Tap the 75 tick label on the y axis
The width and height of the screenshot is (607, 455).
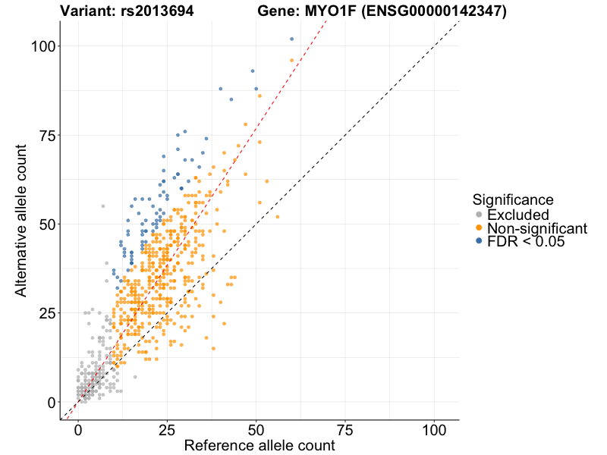[x=47, y=135]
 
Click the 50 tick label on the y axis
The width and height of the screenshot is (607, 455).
[x=47, y=224]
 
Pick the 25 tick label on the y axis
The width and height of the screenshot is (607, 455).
[x=47, y=313]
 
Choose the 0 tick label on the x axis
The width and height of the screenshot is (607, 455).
[x=78, y=428]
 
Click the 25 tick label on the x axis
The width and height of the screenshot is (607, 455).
[x=167, y=428]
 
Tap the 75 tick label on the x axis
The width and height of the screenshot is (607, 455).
[x=345, y=428]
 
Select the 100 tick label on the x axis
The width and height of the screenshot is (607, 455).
[x=434, y=428]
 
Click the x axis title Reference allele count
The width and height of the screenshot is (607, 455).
[x=259, y=446]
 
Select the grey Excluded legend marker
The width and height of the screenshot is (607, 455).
[x=479, y=215]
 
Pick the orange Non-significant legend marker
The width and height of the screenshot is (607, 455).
[x=479, y=227]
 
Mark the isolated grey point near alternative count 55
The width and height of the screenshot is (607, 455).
[x=103, y=206]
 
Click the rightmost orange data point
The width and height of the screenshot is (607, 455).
[x=278, y=217]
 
